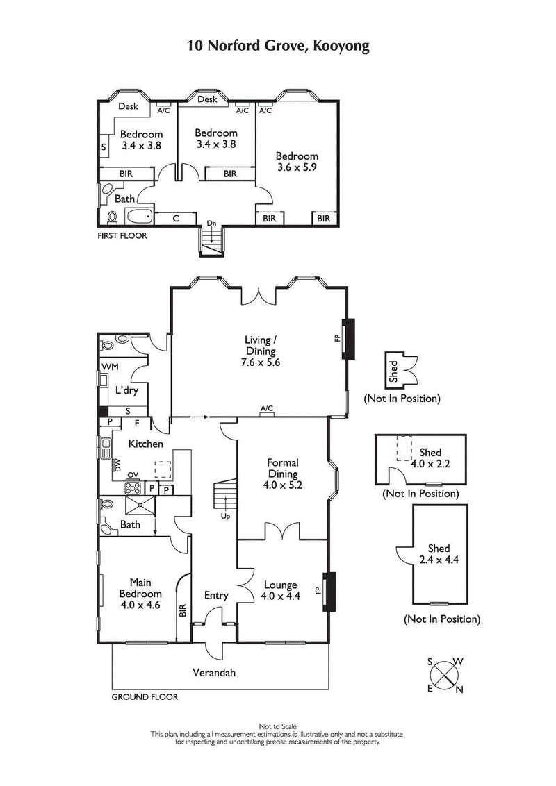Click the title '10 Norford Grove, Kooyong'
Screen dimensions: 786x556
277,47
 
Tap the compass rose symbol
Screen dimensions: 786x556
445,674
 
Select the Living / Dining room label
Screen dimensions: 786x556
261,351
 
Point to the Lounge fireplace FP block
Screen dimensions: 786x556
330,591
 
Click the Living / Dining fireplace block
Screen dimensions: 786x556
349,339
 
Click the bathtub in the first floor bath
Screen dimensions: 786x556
139,217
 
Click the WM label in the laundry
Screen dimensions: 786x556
110,366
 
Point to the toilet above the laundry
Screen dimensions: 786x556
108,344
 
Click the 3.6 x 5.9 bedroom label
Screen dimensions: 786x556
297,162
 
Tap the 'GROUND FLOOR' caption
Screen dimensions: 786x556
145,696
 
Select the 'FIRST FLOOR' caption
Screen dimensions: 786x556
122,235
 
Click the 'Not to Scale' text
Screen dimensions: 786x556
277,726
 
